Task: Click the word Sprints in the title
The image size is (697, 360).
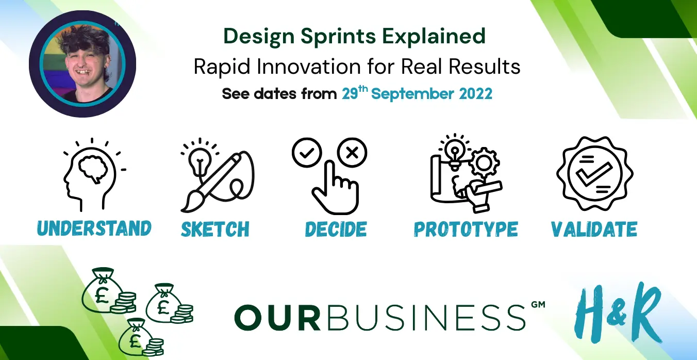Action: click(338, 37)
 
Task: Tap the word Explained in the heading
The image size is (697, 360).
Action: click(434, 37)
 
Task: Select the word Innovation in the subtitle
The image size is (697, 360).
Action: click(309, 67)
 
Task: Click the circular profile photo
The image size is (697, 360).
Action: click(82, 64)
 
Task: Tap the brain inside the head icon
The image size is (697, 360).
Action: click(93, 169)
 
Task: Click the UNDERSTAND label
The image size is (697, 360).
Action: click(94, 228)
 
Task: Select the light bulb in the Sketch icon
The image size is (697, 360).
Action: click(200, 162)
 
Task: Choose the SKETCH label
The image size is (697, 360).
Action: click(215, 229)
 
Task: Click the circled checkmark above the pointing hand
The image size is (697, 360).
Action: click(307, 153)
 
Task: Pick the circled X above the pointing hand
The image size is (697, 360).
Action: click(352, 153)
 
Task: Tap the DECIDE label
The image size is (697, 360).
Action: click(336, 229)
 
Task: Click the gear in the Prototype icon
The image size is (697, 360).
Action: click(484, 162)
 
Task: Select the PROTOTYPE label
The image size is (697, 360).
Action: click(466, 229)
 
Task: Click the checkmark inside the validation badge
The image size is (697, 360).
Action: click(594, 174)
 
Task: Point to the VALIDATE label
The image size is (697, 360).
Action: click(594, 229)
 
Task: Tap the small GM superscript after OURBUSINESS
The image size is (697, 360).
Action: click(538, 304)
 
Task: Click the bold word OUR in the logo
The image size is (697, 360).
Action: click(277, 317)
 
